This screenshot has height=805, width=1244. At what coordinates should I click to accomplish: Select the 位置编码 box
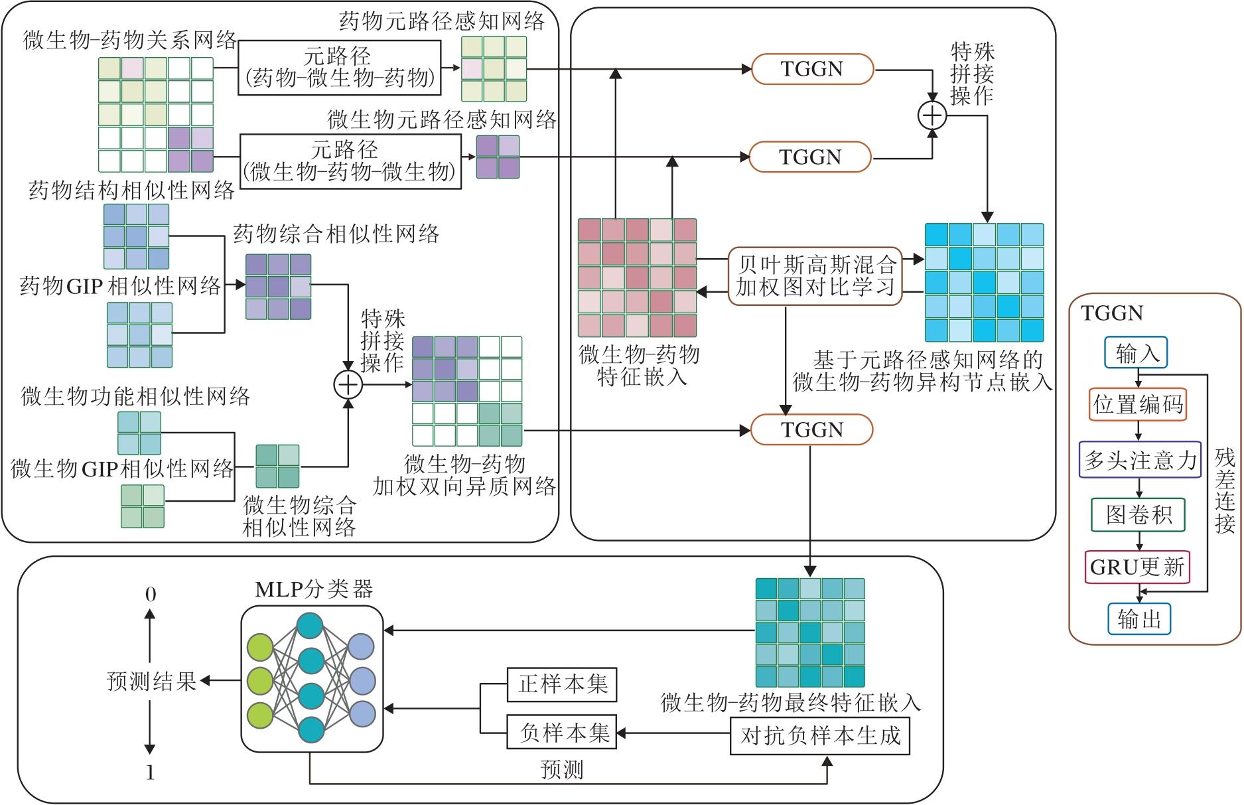[x=1137, y=404]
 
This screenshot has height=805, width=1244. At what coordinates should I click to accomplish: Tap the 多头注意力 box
[x=1140, y=460]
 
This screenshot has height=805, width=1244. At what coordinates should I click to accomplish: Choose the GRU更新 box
[x=1137, y=567]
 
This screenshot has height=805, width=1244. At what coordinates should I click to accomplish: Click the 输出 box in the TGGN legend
[x=1139, y=619]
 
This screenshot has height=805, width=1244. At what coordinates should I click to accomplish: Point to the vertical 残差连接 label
[x=1225, y=492]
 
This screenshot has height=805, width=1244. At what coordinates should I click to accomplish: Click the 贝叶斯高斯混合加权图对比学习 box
[x=815, y=276]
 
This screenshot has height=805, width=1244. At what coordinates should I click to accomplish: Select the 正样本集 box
[x=561, y=684]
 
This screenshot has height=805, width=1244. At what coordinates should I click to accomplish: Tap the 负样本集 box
[x=561, y=732]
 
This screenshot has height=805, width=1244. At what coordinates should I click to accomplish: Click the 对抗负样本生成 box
[x=819, y=736]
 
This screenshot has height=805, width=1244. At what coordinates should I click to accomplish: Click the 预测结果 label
[x=152, y=681]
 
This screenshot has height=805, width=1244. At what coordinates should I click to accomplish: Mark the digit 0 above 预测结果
[x=151, y=595]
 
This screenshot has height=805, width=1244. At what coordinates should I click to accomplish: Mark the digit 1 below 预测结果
[x=151, y=772]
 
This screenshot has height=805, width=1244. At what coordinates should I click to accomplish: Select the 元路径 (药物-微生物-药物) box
[x=339, y=68]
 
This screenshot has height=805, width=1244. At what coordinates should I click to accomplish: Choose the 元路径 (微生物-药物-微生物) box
[x=350, y=161]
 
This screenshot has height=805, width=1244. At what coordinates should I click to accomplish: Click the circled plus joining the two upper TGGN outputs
[x=932, y=115]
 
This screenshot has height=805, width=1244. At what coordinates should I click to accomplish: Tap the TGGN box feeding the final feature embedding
[x=811, y=430]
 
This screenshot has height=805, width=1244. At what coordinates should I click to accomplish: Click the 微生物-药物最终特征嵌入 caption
[x=791, y=703]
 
